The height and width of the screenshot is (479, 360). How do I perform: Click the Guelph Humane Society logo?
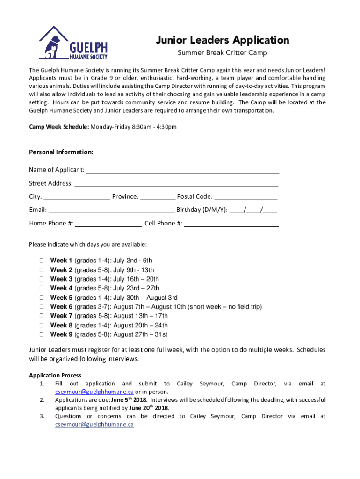click(x=73, y=43)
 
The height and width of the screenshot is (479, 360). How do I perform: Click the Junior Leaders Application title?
click(x=222, y=40)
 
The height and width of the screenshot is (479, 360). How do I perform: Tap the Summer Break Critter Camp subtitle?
click(x=222, y=53)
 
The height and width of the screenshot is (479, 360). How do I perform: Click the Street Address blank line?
click(x=176, y=184)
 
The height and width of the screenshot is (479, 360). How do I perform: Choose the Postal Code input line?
click(x=245, y=197)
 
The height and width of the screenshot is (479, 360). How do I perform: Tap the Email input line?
click(x=111, y=210)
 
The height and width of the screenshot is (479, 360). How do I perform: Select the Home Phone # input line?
click(x=108, y=224)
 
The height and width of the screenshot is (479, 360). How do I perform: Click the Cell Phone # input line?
click(x=231, y=224)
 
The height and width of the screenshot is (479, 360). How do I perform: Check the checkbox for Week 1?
click(x=42, y=261)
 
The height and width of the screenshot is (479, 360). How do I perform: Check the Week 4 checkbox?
click(x=42, y=288)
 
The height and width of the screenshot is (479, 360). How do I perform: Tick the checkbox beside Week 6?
click(x=42, y=307)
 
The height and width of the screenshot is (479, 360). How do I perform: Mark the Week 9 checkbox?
click(x=42, y=334)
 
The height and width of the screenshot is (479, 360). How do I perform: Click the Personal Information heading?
click(x=61, y=152)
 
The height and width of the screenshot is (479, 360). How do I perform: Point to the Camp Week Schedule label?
click(x=59, y=127)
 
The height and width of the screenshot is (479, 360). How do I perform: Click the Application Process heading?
click(x=55, y=375)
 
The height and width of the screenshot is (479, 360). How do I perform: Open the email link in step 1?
click(x=94, y=392)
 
